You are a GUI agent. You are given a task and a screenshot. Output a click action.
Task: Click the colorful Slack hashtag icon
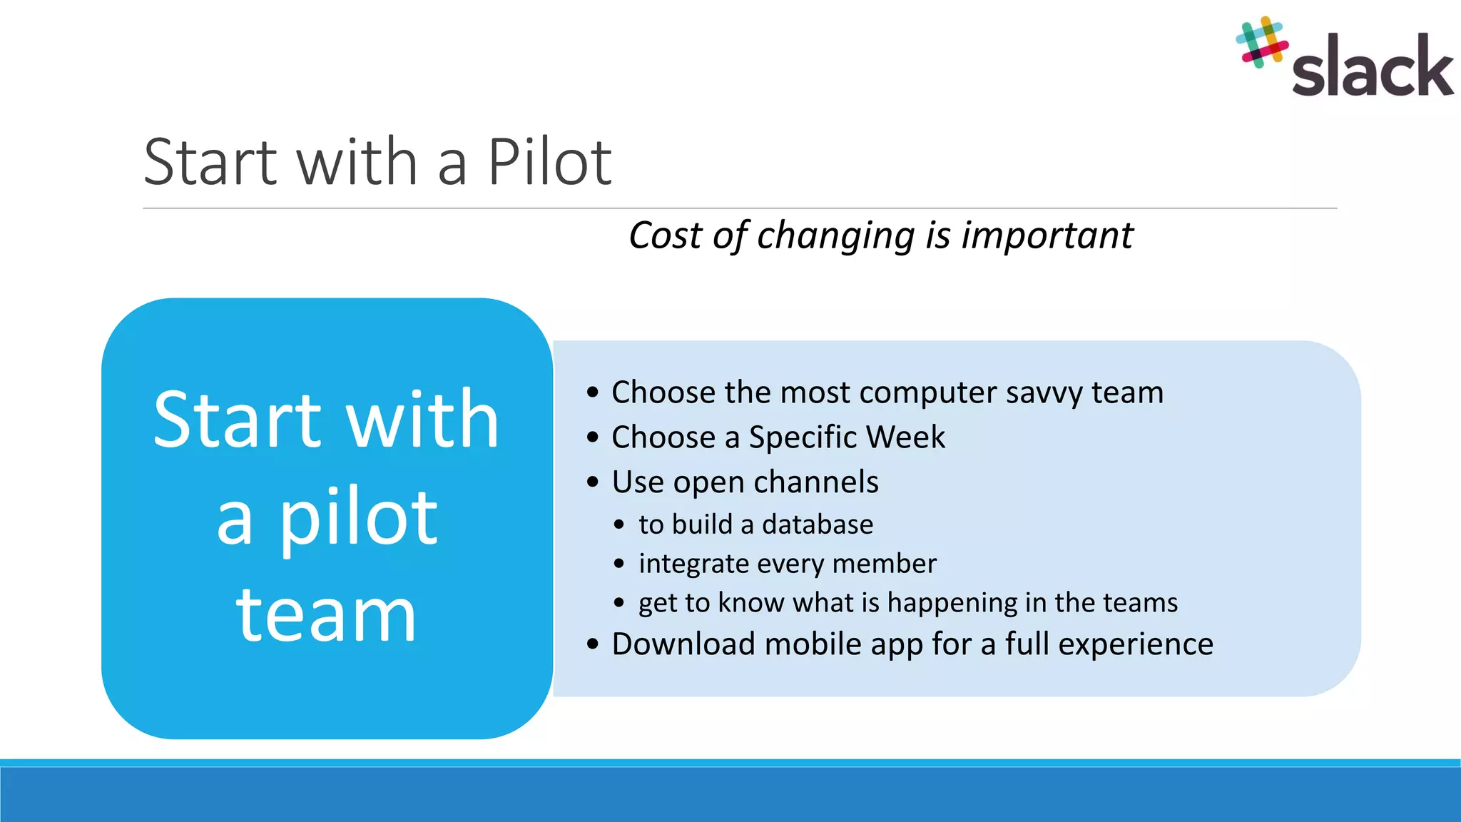click(x=1261, y=43)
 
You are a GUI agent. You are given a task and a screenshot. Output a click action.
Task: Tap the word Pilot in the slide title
click(x=549, y=163)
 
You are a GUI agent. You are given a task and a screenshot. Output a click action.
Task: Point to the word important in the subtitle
click(x=1047, y=236)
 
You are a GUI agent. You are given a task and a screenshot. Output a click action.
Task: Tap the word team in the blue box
click(x=327, y=615)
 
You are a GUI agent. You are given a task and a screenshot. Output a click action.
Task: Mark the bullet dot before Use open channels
click(x=593, y=482)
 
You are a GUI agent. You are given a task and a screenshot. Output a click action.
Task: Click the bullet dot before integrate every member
click(x=619, y=564)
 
